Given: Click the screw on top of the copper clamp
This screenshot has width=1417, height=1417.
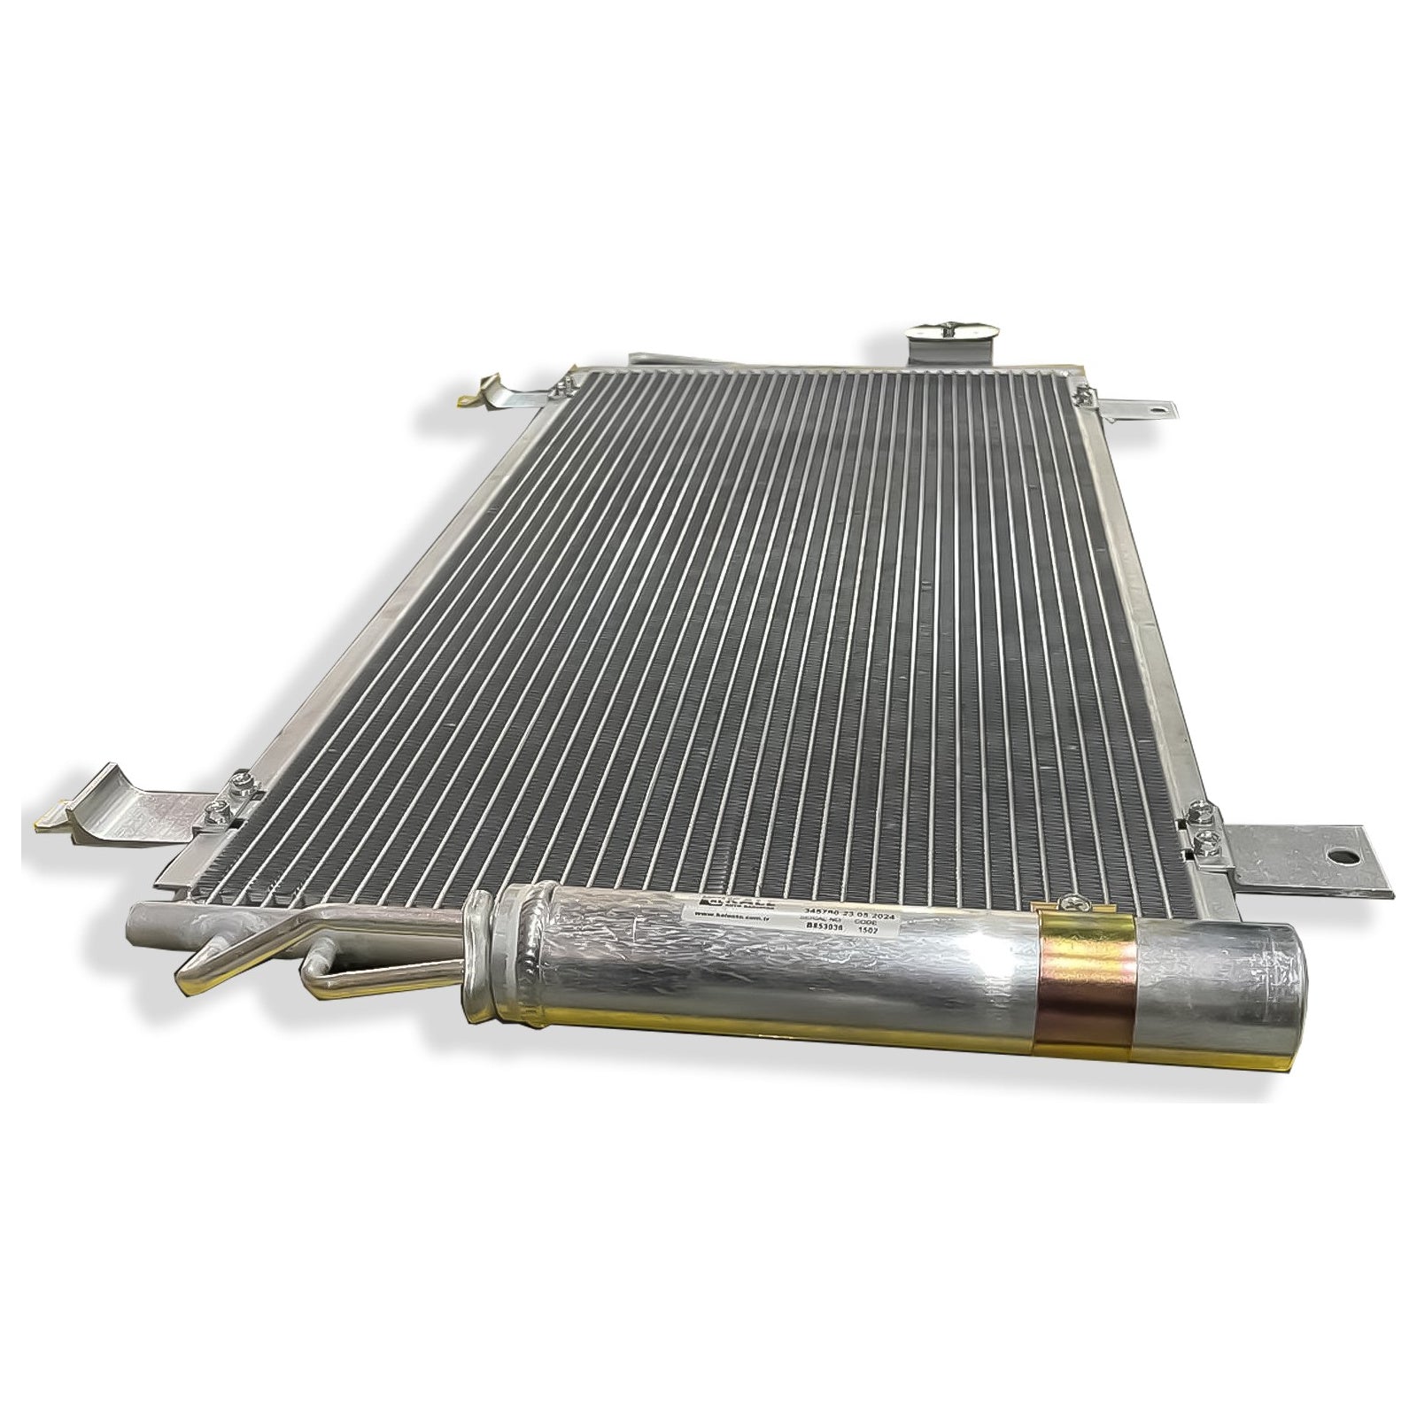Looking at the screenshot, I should pyautogui.click(x=1075, y=903).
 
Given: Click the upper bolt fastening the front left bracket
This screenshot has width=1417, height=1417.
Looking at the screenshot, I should pyautogui.click(x=238, y=781).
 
